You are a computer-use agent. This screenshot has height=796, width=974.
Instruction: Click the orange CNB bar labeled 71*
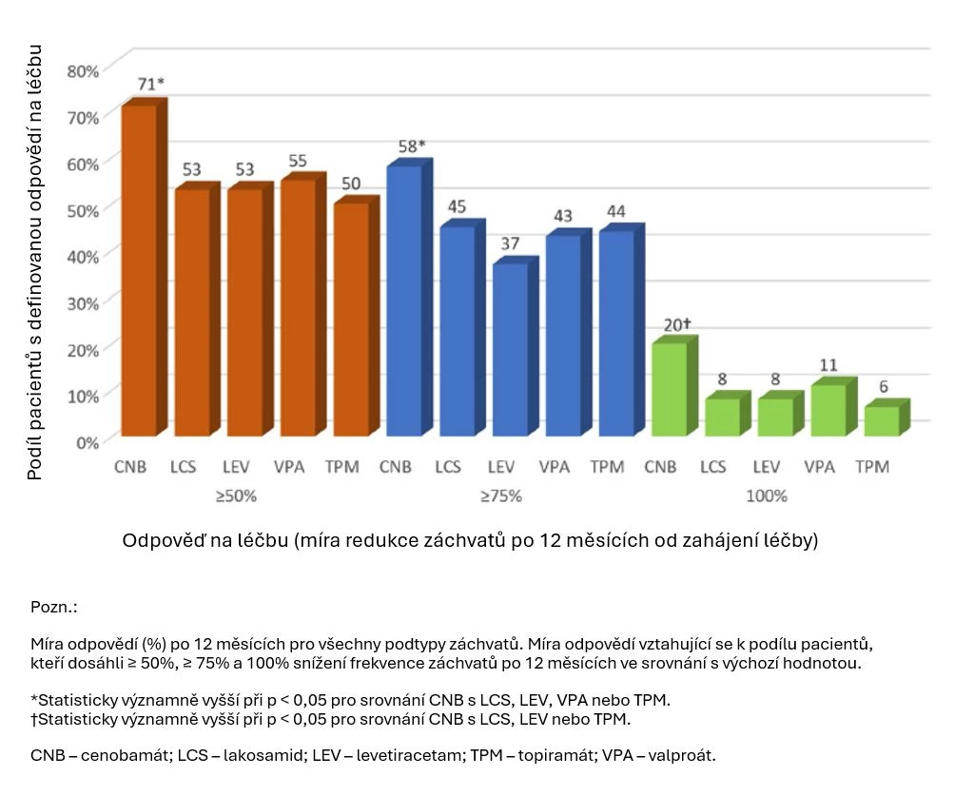pyautogui.click(x=139, y=271)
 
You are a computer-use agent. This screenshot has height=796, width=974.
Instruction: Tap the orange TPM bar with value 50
pyautogui.click(x=352, y=320)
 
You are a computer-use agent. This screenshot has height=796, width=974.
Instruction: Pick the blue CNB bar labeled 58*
pyautogui.click(x=404, y=301)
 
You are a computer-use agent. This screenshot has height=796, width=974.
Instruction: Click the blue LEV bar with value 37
pyautogui.click(x=510, y=349)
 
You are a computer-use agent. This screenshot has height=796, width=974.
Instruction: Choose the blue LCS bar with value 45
pyautogui.click(x=458, y=331)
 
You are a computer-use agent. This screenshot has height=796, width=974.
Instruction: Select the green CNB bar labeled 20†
pyautogui.click(x=670, y=390)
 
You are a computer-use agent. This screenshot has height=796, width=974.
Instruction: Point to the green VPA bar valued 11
pyautogui.click(x=828, y=411)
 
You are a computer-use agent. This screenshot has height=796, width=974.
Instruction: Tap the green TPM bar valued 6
pyautogui.click(x=882, y=421)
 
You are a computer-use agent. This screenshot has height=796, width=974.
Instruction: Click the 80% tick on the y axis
pyautogui.click(x=83, y=71)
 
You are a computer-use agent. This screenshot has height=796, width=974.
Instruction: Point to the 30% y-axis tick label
pyautogui.click(x=83, y=302)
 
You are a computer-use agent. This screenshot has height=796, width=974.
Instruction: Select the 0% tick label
pyautogui.click(x=87, y=441)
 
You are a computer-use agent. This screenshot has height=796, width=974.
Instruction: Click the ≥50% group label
pyautogui.click(x=237, y=496)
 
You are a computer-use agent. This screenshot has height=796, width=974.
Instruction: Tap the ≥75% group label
pyautogui.click(x=502, y=496)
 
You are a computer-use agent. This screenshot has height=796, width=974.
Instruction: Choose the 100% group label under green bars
pyautogui.click(x=767, y=496)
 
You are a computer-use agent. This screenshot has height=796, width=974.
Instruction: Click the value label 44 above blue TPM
pyautogui.click(x=616, y=212)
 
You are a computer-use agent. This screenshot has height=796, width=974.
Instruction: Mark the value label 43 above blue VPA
pyautogui.click(x=563, y=216)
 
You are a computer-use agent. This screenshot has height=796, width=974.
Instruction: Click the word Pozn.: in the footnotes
pyautogui.click(x=53, y=607)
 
